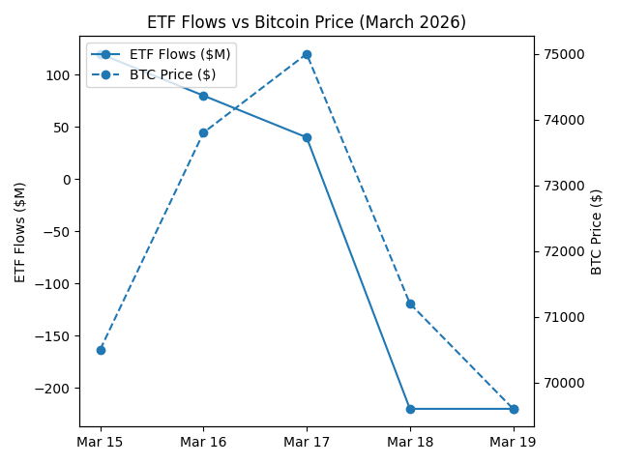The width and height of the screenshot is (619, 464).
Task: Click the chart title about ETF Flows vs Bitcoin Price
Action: coord(306,22)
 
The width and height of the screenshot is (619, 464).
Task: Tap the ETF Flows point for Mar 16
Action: coord(203,96)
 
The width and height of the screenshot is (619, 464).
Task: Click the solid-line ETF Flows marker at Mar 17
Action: coord(307,137)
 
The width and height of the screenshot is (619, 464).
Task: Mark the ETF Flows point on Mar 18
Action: coord(410,409)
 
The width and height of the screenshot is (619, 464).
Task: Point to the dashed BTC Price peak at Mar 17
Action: coord(307,54)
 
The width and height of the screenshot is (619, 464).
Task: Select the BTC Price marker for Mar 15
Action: coord(101,350)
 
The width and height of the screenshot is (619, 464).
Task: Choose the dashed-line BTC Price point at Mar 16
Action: coord(203,132)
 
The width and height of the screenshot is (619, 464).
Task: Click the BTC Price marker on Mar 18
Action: coord(410,304)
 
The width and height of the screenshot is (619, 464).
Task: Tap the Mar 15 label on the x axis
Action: coord(101,442)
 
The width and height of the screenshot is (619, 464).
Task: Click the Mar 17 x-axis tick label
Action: coord(307,442)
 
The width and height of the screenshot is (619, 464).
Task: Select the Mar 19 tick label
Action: coord(514,442)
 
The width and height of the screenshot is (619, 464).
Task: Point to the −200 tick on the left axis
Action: coord(55,389)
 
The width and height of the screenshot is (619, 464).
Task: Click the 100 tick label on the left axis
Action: coord(60,75)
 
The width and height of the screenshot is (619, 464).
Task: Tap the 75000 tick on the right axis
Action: coord(561,54)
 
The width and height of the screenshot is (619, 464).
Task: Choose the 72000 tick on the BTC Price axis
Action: coord(561,251)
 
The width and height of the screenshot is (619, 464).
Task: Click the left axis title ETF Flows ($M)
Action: coord(21,232)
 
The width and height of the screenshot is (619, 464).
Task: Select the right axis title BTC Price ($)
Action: coord(597,232)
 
